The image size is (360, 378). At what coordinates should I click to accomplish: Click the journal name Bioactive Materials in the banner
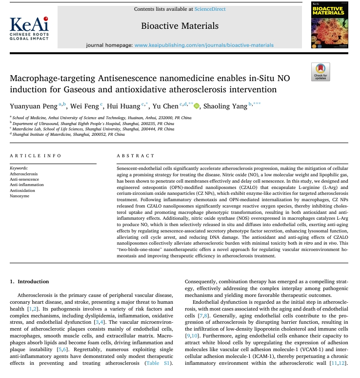(x=180, y=26)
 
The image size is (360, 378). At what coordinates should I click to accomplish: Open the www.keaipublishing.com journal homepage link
(x=204, y=45)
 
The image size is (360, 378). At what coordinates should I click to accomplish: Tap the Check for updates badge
(x=321, y=72)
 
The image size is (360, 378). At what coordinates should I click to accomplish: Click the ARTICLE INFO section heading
(x=36, y=155)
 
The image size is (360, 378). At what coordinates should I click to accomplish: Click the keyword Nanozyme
(x=19, y=196)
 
